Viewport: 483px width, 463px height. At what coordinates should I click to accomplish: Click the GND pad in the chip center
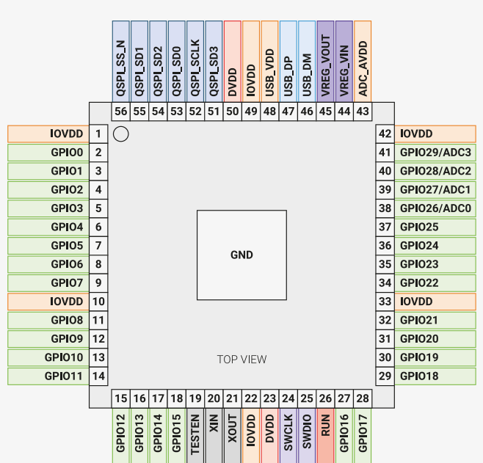241,255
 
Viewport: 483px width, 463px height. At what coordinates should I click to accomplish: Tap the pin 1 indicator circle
122,134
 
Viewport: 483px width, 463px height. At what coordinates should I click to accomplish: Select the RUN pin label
325,435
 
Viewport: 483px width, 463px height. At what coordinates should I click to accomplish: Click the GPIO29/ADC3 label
435,153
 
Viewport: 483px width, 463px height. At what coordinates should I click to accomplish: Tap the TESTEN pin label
195,435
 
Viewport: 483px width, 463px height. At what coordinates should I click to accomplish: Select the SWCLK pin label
288,435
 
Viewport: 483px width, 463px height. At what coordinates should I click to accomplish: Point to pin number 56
121,112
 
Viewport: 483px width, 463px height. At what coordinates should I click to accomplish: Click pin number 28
362,398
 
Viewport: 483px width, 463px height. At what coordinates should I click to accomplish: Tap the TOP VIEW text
241,360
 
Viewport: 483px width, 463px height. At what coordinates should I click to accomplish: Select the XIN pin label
214,435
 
